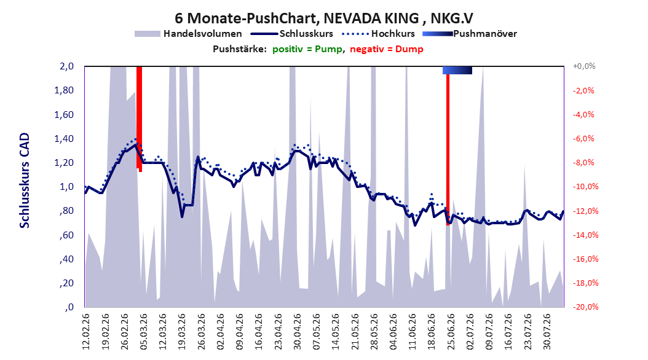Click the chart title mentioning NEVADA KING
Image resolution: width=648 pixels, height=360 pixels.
[323, 18]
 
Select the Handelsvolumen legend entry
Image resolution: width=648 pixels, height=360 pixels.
[188, 34]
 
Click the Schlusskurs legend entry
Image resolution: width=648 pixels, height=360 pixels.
[292, 34]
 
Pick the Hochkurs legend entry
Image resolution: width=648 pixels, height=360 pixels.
[378, 34]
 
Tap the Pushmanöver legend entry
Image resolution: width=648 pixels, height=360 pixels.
[470, 34]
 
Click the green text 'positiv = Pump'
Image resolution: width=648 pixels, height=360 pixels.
[307, 49]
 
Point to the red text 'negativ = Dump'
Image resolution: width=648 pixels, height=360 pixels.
[387, 49]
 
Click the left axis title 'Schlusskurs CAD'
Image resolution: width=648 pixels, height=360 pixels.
[25, 181]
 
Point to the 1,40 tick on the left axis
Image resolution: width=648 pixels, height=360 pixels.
[64, 139]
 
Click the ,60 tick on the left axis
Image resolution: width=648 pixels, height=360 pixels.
[68, 235]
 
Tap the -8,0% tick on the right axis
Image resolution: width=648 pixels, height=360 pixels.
[583, 163]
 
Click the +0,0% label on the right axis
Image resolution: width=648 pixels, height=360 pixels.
[584, 66]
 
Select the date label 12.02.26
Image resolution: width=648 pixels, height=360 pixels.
[86, 332]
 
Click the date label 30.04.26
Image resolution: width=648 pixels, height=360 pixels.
[297, 332]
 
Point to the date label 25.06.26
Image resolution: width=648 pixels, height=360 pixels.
[451, 332]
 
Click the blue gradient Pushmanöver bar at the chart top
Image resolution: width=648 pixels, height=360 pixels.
[457, 70]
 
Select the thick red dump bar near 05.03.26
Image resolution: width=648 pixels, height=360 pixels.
[140, 119]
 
